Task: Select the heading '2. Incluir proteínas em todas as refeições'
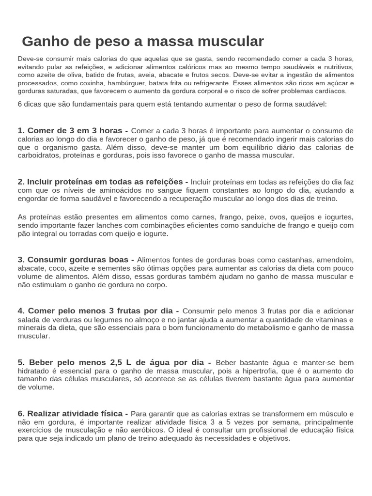(103, 182)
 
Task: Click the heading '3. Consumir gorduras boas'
(76, 260)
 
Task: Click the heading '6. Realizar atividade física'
(73, 413)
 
